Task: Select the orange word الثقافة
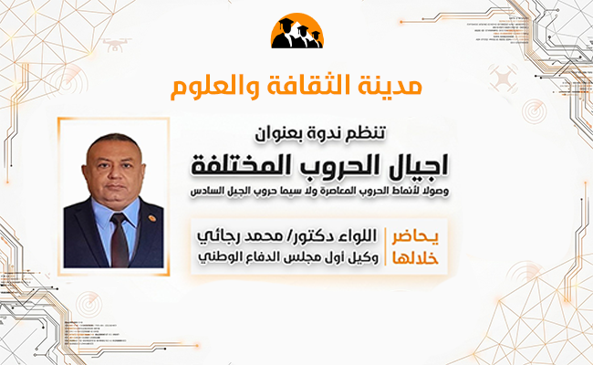(309, 89)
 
